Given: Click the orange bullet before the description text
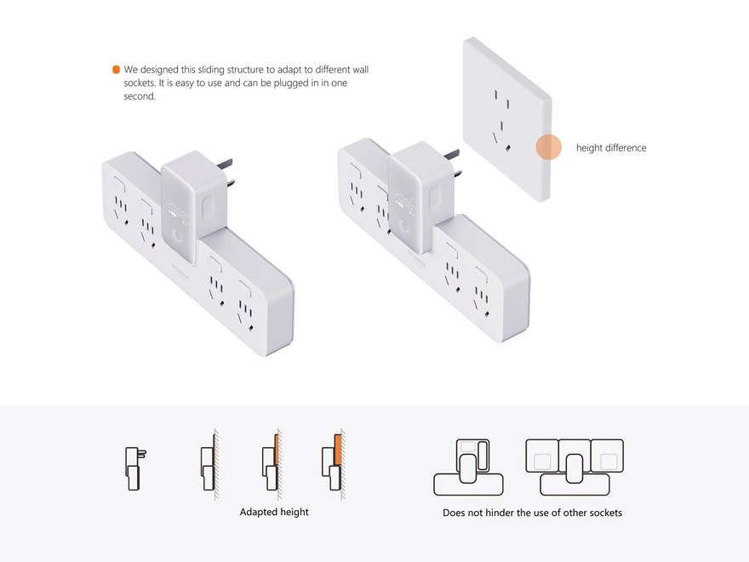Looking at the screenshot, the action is pyautogui.click(x=116, y=70).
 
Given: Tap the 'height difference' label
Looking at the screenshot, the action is pyautogui.click(x=611, y=147).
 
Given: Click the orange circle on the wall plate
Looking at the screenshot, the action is pyautogui.click(x=548, y=146).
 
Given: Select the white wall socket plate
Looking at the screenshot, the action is pyautogui.click(x=507, y=119).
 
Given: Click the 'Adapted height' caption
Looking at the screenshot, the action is pyautogui.click(x=274, y=512).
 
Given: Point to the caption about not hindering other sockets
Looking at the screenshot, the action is pyautogui.click(x=532, y=513).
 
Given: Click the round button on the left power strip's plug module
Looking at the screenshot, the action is pyautogui.click(x=177, y=238).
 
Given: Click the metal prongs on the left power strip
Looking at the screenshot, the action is pyautogui.click(x=226, y=171).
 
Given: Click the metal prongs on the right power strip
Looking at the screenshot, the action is pyautogui.click(x=452, y=163).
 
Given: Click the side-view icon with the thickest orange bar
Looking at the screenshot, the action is pyautogui.click(x=333, y=462).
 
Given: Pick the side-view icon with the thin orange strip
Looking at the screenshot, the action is pyautogui.click(x=271, y=462).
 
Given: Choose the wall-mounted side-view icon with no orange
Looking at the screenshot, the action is pyautogui.click(x=209, y=462).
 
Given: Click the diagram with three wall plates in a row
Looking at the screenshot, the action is pyautogui.click(x=575, y=467).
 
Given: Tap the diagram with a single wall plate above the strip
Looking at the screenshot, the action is pyautogui.click(x=468, y=467).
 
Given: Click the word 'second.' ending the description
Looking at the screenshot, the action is pyautogui.click(x=140, y=96).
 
